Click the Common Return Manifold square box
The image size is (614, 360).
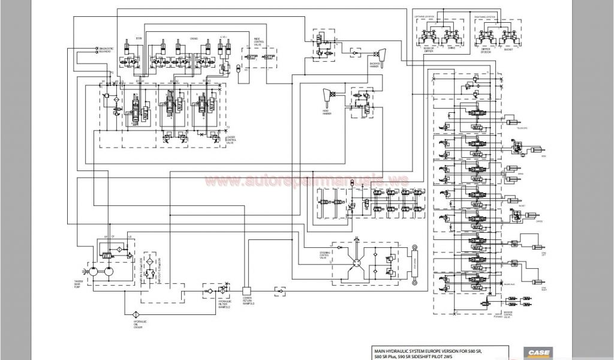click(245, 290)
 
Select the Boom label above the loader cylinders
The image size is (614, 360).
click(139, 38)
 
